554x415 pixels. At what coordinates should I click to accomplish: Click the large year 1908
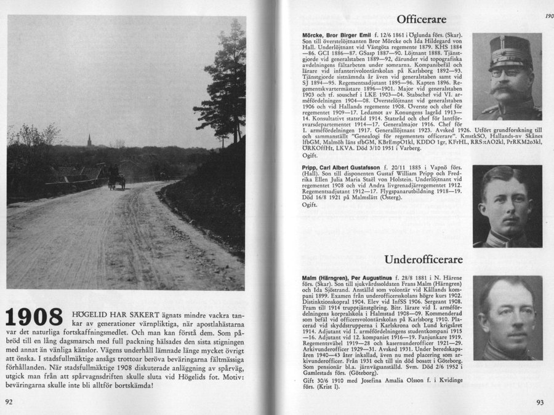pos(34,316)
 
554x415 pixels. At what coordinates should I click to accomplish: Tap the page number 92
pos(10,403)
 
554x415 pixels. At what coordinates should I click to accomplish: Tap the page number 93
pos(539,403)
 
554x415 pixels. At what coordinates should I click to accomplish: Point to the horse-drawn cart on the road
pos(116,178)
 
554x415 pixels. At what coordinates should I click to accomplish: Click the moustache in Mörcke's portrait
pos(506,87)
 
